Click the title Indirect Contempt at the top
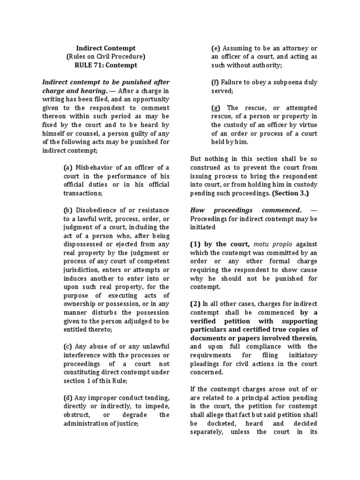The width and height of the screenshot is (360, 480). point(106,48)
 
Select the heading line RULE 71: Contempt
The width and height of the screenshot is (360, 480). point(106,65)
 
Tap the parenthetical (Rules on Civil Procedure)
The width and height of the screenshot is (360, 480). point(106,57)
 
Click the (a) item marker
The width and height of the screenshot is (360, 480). point(68,168)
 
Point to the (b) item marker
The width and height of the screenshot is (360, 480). point(68,210)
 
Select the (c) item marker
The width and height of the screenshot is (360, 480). point(67,346)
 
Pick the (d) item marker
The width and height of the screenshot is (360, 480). point(68,398)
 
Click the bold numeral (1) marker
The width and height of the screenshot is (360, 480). point(195,244)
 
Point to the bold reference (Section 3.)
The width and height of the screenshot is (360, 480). point(290,193)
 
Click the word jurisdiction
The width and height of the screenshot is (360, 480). point(82,270)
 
